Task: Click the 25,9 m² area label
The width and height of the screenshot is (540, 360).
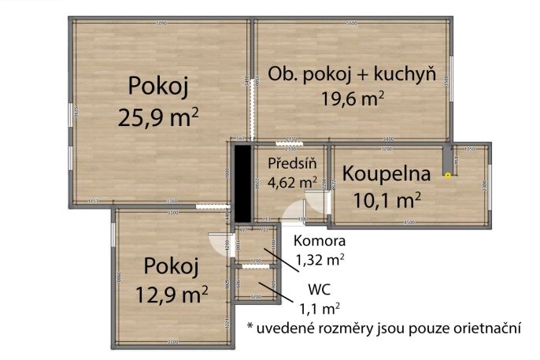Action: pyautogui.click(x=158, y=117)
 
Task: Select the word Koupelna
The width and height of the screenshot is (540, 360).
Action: pyautogui.click(x=387, y=173)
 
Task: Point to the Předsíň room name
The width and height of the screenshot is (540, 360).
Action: pyautogui.click(x=291, y=164)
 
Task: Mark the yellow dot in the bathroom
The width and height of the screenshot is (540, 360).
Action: pyautogui.click(x=447, y=176)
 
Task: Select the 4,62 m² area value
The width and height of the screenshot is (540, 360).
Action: pyautogui.click(x=292, y=183)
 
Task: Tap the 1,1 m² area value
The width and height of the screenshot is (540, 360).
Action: pyautogui.click(x=320, y=308)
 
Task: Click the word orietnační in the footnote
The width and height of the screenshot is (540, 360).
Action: pyautogui.click(x=480, y=327)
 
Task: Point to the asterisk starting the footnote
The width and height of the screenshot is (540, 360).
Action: pyautogui.click(x=250, y=325)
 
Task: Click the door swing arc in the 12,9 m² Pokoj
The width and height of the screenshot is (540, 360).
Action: pyautogui.click(x=220, y=244)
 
